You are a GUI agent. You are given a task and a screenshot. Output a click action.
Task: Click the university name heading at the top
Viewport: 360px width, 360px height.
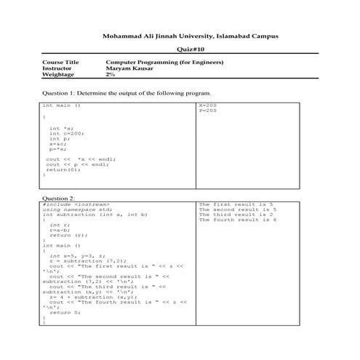click(x=190, y=36)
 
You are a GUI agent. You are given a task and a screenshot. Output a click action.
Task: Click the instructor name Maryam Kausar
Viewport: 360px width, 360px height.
click(x=130, y=69)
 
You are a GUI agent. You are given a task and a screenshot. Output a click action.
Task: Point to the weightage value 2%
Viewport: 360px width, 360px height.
click(x=111, y=75)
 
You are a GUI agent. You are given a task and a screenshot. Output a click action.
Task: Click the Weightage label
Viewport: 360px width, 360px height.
click(x=59, y=75)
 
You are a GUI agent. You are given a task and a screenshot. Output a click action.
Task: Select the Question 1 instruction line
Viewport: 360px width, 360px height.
click(x=127, y=93)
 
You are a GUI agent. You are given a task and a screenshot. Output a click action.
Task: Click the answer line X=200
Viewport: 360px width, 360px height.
click(x=208, y=105)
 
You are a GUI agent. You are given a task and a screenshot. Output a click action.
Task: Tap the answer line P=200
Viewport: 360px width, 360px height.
click(x=208, y=111)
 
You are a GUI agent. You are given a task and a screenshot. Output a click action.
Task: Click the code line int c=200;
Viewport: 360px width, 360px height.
click(x=67, y=132)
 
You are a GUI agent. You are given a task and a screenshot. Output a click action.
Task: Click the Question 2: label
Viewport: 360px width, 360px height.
click(x=59, y=198)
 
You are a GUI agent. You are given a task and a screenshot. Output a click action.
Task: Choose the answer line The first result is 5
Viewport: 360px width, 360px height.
click(x=236, y=204)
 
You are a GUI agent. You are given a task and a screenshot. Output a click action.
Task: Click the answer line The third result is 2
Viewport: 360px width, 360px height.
click(x=236, y=215)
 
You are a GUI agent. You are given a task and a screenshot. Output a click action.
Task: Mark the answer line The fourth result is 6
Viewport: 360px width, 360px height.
click(x=237, y=220)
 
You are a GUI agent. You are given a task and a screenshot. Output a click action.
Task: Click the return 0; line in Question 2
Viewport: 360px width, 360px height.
click(x=65, y=312)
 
